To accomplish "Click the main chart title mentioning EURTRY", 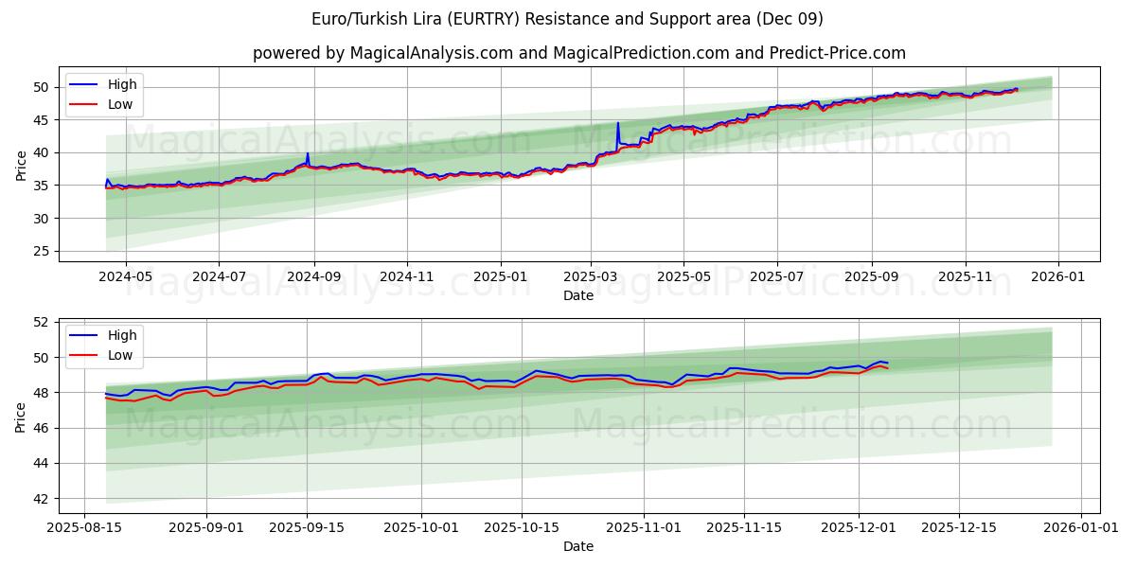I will (567, 19).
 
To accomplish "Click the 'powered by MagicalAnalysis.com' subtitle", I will (578, 53).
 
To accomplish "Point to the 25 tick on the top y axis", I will (42, 251).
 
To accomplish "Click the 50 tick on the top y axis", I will (42, 87).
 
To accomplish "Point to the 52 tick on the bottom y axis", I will (42, 322).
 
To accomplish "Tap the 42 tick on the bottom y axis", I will (42, 499).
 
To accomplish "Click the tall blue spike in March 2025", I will (618, 123).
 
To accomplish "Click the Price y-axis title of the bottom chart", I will (21, 416).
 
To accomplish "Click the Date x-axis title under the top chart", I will (577, 295).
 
